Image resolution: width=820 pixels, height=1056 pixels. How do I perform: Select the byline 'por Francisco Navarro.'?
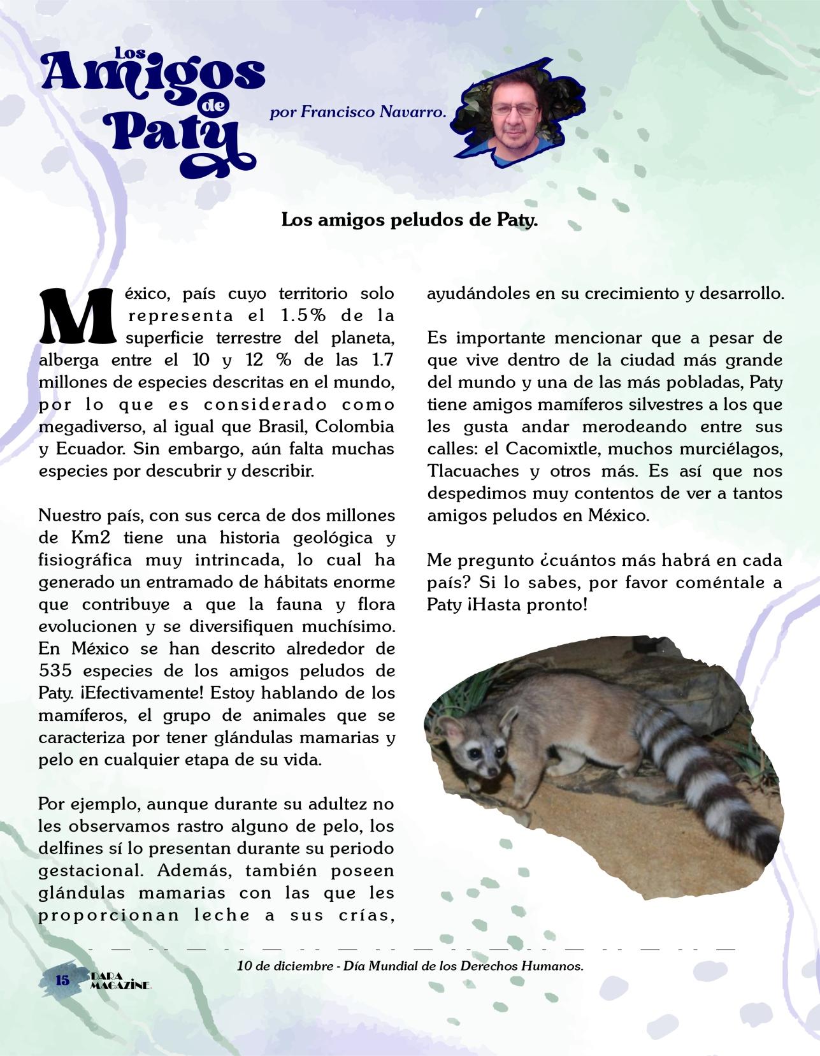point(357,113)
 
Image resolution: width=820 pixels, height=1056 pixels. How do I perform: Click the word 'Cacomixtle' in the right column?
point(552,449)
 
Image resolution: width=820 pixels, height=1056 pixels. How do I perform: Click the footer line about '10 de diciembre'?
point(410,966)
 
